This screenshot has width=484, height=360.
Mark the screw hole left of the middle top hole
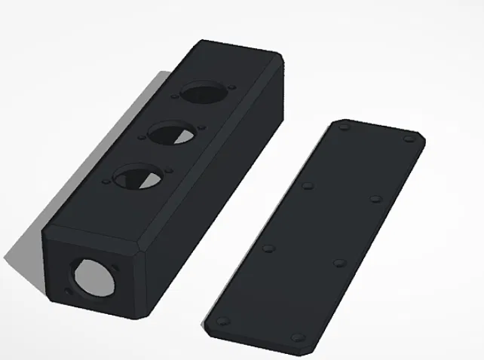[x=141, y=139]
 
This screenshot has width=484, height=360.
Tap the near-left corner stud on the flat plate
[x=222, y=320]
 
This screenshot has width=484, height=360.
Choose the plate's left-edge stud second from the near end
[x=268, y=247]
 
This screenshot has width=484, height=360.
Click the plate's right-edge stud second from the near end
[x=338, y=264]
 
